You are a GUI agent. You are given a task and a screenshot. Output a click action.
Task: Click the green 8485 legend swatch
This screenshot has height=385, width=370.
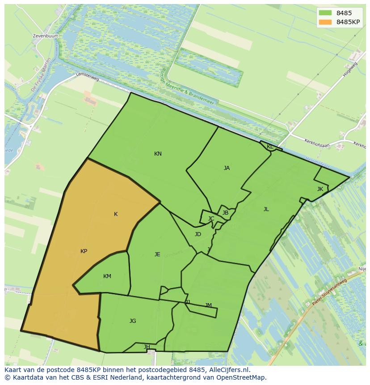(x=325, y=13)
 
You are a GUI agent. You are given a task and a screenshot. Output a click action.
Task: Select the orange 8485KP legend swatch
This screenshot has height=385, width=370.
(x=325, y=22)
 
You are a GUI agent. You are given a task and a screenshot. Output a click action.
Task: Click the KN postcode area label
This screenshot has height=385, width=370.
(x=158, y=154)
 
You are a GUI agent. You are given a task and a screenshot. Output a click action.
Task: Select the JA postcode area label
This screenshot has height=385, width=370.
(x=227, y=168)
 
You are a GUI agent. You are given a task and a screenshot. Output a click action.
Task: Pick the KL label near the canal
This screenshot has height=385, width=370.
(x=270, y=147)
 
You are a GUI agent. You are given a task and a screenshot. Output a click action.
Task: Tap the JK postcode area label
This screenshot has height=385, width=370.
(x=320, y=189)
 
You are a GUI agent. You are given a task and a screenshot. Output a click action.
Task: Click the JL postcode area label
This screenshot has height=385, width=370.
(x=266, y=209)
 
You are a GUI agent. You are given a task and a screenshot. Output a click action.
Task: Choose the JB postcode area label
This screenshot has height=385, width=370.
(x=225, y=213)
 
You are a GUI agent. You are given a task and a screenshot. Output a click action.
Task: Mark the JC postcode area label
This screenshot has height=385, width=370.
(x=211, y=219)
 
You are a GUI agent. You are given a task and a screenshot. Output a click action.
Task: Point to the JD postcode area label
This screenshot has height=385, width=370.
(x=198, y=234)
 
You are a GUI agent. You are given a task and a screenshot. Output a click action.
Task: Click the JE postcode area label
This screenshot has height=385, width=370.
(x=157, y=254)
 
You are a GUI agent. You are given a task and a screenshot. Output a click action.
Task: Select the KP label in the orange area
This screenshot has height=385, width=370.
(x=84, y=251)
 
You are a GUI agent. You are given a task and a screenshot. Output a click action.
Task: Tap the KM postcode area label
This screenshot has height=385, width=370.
(x=107, y=276)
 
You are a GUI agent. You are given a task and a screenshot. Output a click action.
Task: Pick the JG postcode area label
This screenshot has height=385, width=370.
(x=133, y=321)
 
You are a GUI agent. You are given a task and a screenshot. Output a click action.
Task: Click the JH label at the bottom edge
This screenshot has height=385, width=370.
(x=147, y=347)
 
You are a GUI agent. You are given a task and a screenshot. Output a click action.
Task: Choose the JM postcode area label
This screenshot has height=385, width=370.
(x=208, y=305)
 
